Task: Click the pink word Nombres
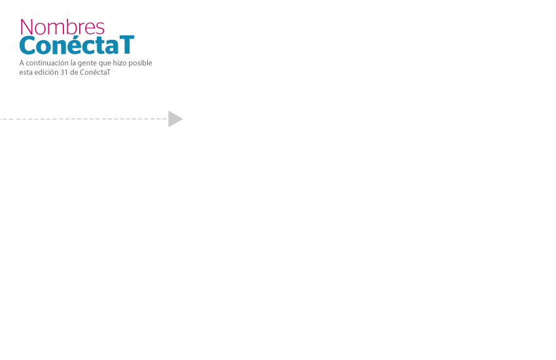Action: tap(62, 27)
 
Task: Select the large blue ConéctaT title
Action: tap(77, 45)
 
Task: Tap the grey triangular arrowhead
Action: tap(175, 119)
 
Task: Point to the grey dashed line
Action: tap(84, 119)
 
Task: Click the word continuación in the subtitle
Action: tap(47, 63)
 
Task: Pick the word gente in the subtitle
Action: tap(87, 63)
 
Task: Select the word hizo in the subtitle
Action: tap(120, 63)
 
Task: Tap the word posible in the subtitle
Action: tap(140, 63)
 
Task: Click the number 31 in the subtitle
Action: tap(64, 73)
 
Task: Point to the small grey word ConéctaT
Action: tap(95, 72)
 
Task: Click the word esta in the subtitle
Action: tap(26, 73)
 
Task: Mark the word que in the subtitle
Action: tap(105, 63)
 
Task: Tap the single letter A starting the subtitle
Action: tap(22, 63)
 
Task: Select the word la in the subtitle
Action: tap(73, 63)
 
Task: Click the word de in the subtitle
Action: tap(74, 72)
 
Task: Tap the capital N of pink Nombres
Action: tap(26, 27)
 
